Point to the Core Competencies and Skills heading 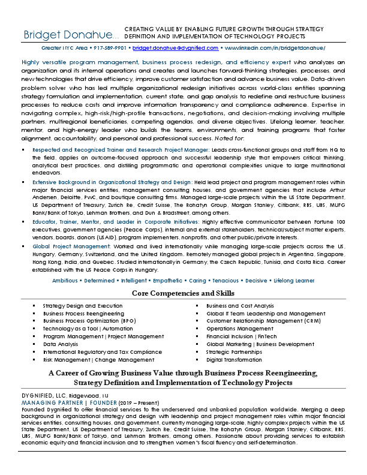(x=183, y=293)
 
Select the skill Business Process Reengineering (x=83, y=313)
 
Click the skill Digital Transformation (x=234, y=360)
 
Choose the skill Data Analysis (x=61, y=344)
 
